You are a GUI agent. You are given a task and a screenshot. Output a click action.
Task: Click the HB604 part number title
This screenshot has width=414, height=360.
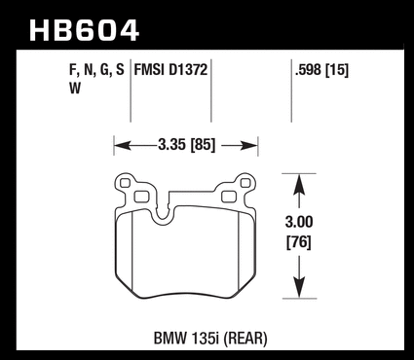[x=85, y=30]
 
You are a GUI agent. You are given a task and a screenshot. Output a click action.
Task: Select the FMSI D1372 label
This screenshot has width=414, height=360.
[x=170, y=70]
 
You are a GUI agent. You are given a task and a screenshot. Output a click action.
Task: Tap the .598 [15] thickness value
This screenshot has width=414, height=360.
[x=321, y=70]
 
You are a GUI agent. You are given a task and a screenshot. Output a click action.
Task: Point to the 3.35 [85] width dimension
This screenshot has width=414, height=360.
[x=187, y=145]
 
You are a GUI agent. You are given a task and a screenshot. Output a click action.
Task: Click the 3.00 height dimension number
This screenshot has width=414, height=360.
[x=299, y=222]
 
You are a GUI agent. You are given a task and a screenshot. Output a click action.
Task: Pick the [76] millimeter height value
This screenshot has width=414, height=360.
[x=299, y=242]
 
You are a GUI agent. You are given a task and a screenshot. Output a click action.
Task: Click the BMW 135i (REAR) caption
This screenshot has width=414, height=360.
[x=210, y=339]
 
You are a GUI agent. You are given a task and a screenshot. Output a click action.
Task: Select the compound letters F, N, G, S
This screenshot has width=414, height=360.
[x=96, y=70]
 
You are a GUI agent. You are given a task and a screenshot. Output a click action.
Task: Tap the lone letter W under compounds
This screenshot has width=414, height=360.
[x=75, y=89]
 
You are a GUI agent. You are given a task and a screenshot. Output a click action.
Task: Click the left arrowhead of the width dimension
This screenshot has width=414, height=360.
[x=123, y=146]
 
